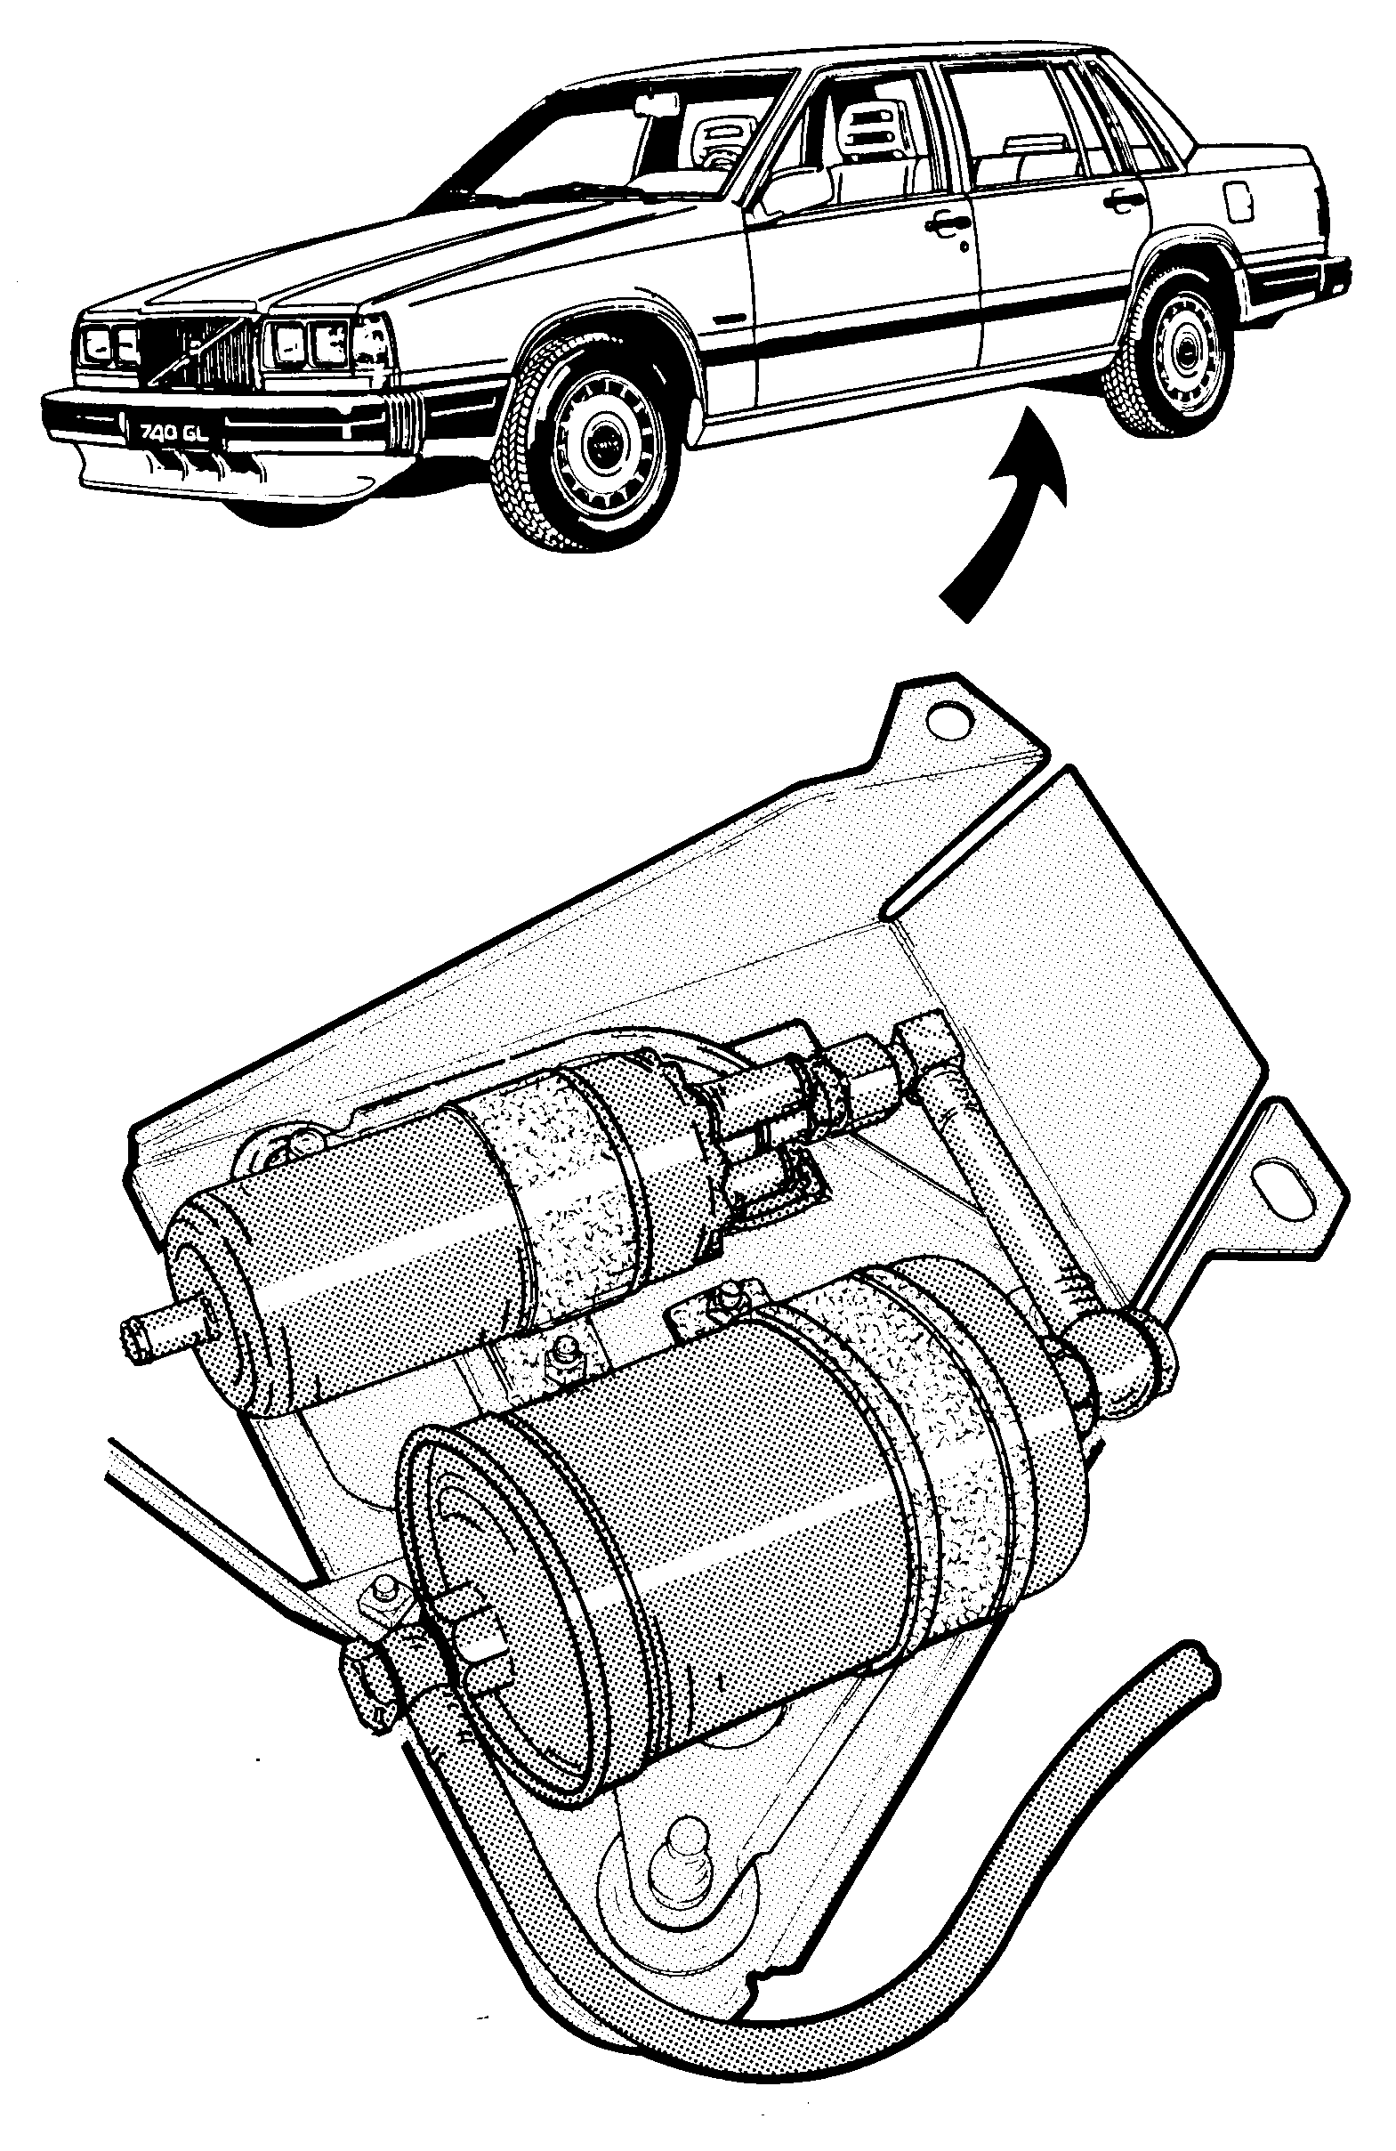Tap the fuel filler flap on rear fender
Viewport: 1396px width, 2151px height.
[1239, 200]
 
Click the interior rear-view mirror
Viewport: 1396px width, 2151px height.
[656, 106]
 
